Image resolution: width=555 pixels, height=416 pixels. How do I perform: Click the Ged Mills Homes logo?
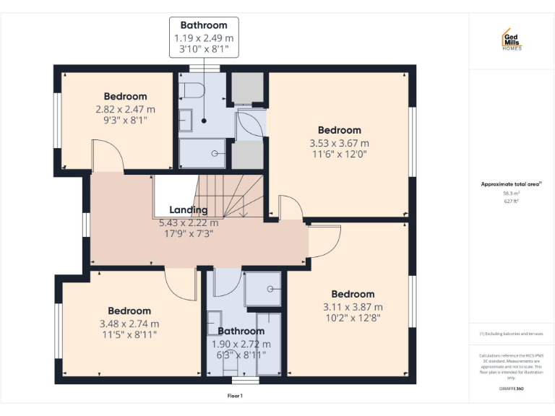(512, 39)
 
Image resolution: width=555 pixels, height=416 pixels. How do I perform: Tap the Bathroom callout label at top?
(204, 25)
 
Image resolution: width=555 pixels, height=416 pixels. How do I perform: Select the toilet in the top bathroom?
(192, 90)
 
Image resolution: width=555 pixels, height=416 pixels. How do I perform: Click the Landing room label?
(189, 210)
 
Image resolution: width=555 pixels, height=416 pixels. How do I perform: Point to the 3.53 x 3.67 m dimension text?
(339, 143)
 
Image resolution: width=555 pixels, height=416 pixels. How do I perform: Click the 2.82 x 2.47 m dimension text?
(125, 109)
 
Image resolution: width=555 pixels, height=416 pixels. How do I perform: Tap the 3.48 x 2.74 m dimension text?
(130, 324)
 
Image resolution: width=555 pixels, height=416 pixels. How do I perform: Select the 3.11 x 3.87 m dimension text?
(353, 306)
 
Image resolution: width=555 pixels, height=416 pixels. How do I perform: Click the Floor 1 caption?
(236, 396)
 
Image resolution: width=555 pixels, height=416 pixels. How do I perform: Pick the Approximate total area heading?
(511, 184)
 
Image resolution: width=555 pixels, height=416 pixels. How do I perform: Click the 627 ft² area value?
(511, 201)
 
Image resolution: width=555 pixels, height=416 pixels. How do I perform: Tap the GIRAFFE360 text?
(511, 389)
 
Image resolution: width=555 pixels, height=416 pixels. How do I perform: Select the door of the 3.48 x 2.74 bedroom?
(181, 283)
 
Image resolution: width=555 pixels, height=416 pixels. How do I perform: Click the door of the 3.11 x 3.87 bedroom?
(324, 242)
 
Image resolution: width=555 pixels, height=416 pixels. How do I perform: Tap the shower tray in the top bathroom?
(202, 153)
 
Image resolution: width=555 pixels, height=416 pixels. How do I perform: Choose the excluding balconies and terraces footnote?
(511, 334)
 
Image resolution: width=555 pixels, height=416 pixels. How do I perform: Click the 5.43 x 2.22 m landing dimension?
(189, 222)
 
